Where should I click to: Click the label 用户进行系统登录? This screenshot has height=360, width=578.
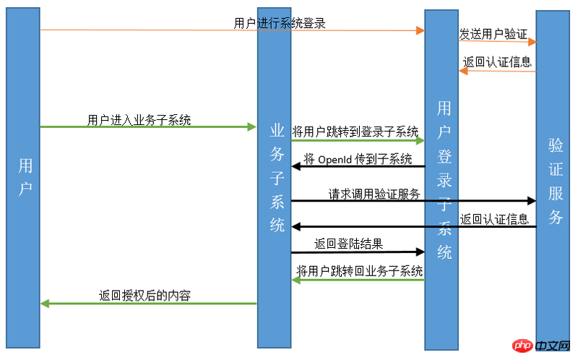click(280, 23)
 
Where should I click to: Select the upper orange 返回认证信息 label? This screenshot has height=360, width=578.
click(497, 62)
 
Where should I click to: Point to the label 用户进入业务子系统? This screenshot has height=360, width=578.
click(139, 120)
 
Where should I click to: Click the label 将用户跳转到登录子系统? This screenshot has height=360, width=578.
click(355, 132)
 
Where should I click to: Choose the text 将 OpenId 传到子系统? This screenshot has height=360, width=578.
click(358, 159)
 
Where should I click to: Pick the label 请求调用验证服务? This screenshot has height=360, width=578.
click(374, 194)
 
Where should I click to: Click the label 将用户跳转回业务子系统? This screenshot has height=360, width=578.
click(360, 271)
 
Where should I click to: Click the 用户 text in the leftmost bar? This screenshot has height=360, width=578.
click(25, 176)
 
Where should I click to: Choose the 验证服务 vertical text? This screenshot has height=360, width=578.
click(556, 181)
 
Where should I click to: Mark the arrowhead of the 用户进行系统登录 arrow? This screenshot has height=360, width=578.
click(420, 30)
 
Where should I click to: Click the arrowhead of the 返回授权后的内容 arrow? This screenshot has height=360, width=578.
click(45, 304)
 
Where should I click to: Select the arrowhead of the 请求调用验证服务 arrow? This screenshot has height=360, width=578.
click(532, 200)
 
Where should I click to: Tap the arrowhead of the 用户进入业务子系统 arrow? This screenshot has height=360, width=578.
click(252, 127)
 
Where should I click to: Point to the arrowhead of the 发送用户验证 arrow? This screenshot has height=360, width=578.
click(532, 42)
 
